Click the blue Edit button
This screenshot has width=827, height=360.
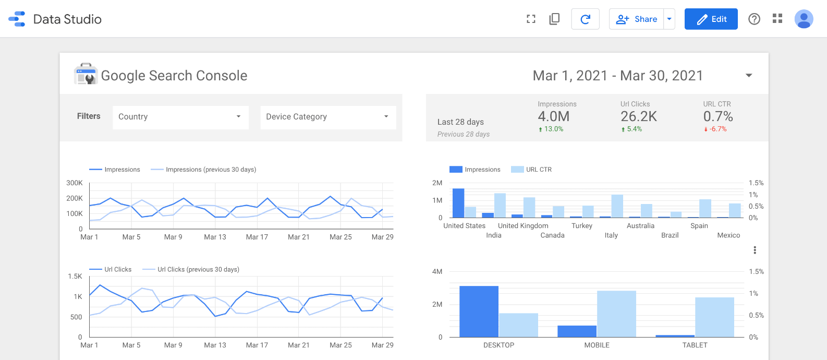click(711, 19)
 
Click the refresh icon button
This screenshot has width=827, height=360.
click(585, 19)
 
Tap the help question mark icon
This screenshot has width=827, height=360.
click(754, 19)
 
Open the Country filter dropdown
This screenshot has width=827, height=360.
click(180, 117)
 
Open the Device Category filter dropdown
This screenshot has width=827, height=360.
click(328, 117)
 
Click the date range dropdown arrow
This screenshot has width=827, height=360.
click(749, 76)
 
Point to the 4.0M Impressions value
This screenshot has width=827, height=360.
click(553, 116)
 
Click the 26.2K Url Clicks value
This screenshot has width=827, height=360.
click(638, 116)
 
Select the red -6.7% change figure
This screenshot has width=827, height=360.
click(717, 129)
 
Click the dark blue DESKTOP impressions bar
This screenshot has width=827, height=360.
click(479, 311)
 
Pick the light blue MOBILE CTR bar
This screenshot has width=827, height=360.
click(616, 314)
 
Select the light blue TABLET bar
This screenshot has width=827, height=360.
click(714, 317)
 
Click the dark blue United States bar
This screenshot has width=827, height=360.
click(458, 203)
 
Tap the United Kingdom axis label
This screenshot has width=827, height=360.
click(523, 226)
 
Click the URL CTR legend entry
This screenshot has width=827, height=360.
click(532, 170)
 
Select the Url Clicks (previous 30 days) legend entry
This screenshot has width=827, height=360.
click(191, 270)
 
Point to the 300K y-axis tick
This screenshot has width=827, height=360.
click(75, 183)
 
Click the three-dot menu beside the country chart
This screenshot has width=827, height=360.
click(755, 250)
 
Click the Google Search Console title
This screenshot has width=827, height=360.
click(174, 76)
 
